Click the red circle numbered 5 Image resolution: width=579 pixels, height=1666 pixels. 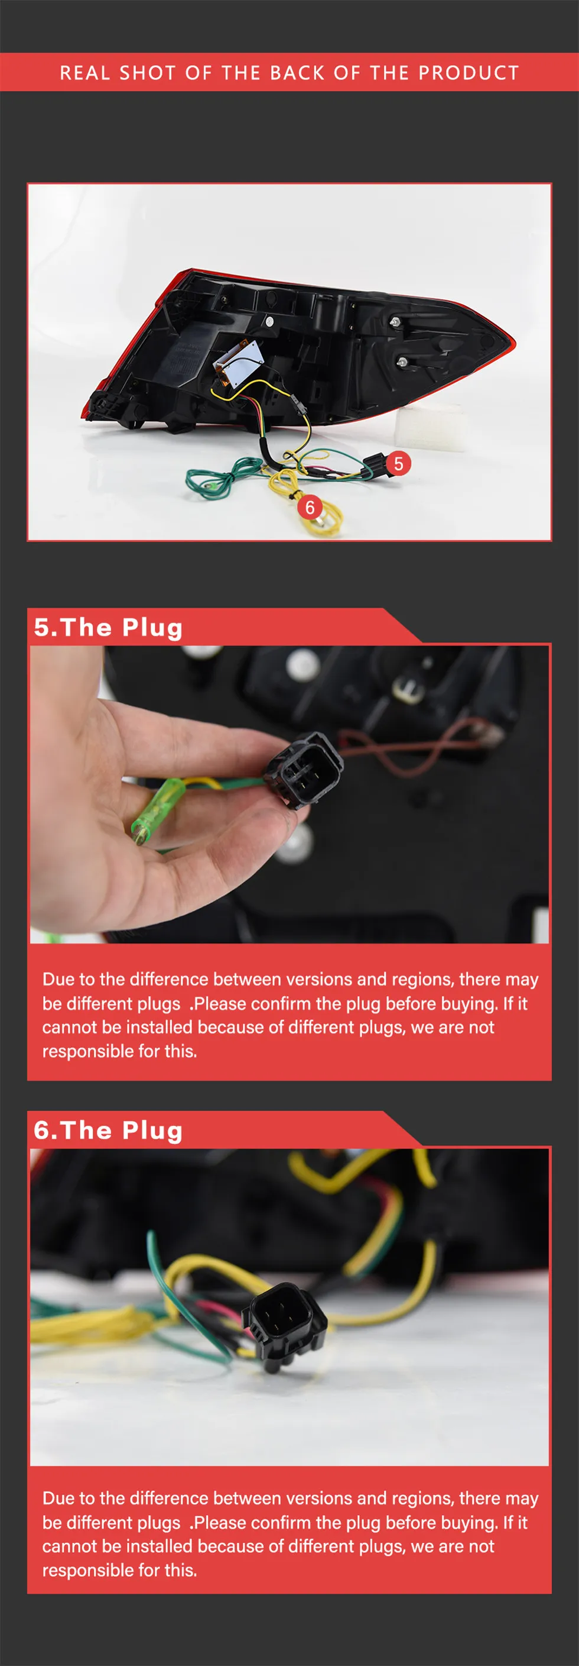[398, 463]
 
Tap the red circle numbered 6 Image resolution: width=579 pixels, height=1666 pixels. [310, 507]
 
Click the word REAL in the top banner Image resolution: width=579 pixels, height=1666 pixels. [84, 73]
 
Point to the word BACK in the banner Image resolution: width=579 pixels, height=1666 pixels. [298, 73]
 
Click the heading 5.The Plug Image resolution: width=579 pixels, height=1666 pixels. [109, 627]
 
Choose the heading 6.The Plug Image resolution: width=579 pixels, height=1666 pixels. [109, 1130]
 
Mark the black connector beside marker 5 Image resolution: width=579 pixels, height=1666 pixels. [373, 466]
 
